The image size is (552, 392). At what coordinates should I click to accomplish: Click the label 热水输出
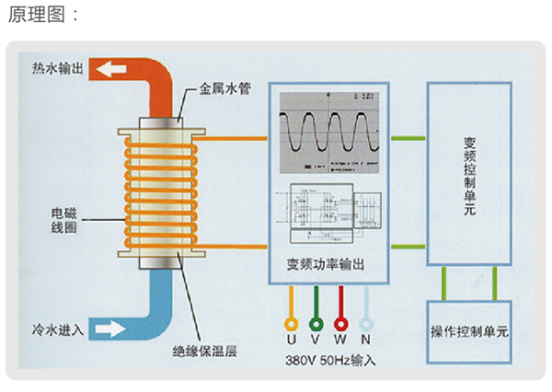click(57, 69)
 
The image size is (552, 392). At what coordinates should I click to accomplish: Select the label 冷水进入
click(57, 328)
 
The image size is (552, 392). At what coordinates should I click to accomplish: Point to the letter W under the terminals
click(341, 341)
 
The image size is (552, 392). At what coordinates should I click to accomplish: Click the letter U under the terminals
click(293, 341)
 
